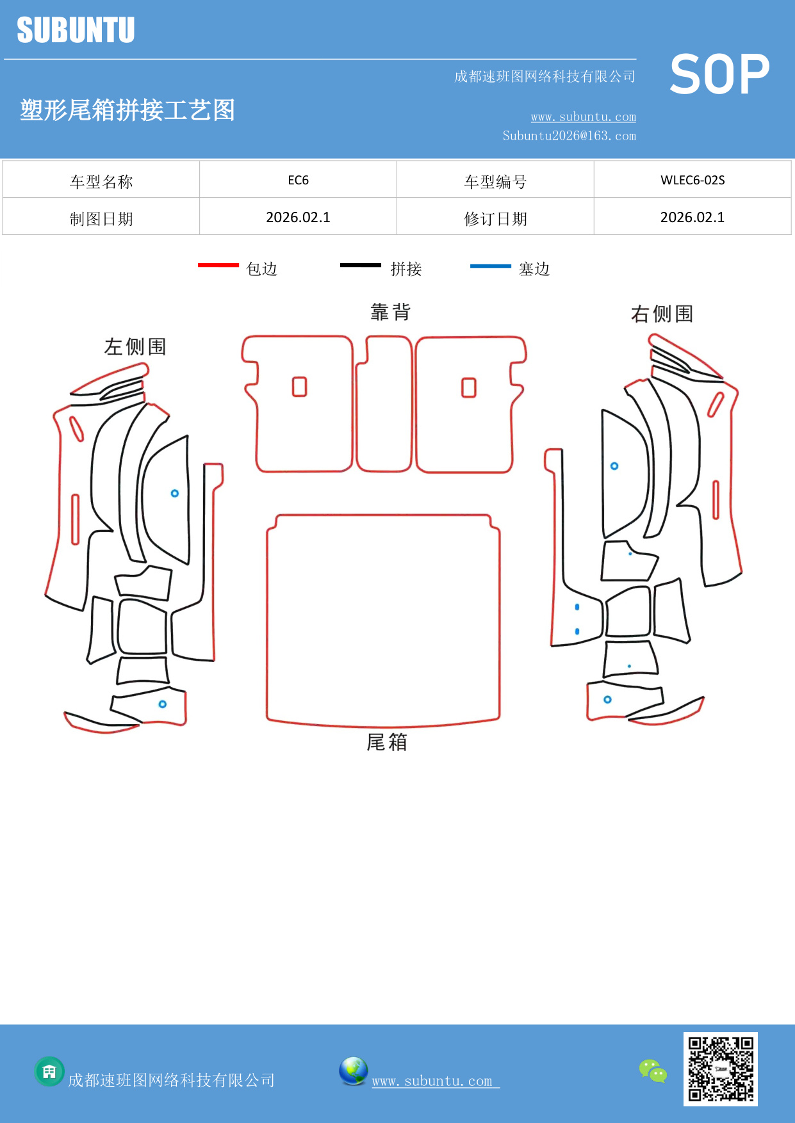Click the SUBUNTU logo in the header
(76, 30)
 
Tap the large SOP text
(719, 74)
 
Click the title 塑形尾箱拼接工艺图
(127, 110)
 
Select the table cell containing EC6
(298, 180)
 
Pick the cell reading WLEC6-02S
(693, 180)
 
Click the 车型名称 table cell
(101, 182)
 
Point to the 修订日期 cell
(495, 219)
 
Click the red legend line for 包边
(218, 265)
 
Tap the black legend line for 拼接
(361, 265)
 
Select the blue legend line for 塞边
(491, 266)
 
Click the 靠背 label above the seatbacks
(391, 312)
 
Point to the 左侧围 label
(135, 347)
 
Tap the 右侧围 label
(662, 314)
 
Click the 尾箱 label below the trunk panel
(387, 742)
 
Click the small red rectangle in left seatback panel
(299, 387)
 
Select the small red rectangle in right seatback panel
(469, 387)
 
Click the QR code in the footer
(721, 1069)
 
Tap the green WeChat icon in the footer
(653, 1070)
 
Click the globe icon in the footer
(353, 1071)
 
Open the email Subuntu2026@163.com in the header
(569, 136)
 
